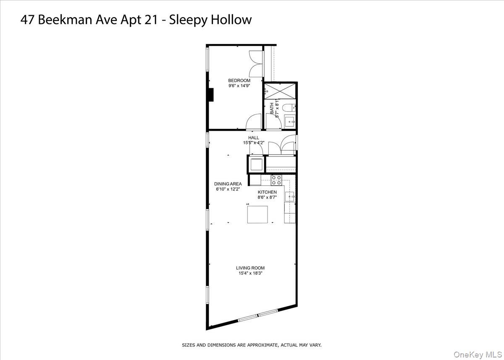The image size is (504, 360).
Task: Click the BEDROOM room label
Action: pyautogui.click(x=239, y=81)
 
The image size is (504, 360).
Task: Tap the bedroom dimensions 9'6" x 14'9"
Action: pyautogui.click(x=239, y=86)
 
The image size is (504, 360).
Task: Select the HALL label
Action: pyautogui.click(x=253, y=137)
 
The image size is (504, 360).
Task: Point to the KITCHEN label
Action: pyautogui.click(x=267, y=192)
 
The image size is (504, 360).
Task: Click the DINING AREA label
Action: pyautogui.click(x=228, y=184)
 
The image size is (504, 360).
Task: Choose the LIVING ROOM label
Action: pyautogui.click(x=250, y=268)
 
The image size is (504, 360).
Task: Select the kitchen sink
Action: pyautogui.click(x=289, y=196)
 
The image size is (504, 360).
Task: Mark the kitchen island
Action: pyautogui.click(x=257, y=214)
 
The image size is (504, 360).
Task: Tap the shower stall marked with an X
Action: pyautogui.click(x=279, y=91)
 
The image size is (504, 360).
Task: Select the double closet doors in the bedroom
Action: pyautogui.click(x=256, y=64)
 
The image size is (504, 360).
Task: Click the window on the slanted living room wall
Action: pyautogui.click(x=258, y=316)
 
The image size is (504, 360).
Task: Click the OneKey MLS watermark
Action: pyautogui.click(x=477, y=355)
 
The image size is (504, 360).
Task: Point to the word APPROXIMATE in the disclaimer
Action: pyautogui.click(x=260, y=345)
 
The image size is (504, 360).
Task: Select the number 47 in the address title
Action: pyautogui.click(x=28, y=20)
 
